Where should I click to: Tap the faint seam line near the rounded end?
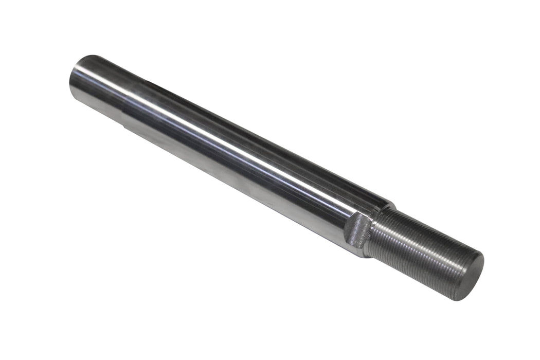click(x=123, y=103)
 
